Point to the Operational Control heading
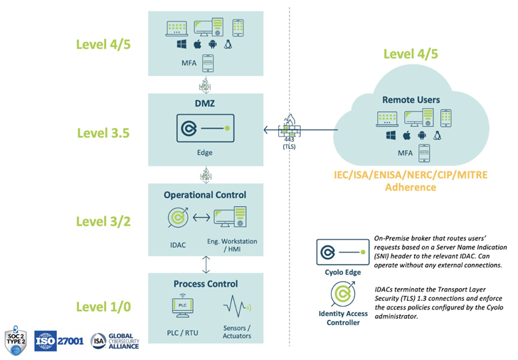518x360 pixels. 205,194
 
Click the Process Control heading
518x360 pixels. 205,283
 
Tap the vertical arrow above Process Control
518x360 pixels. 205,265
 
